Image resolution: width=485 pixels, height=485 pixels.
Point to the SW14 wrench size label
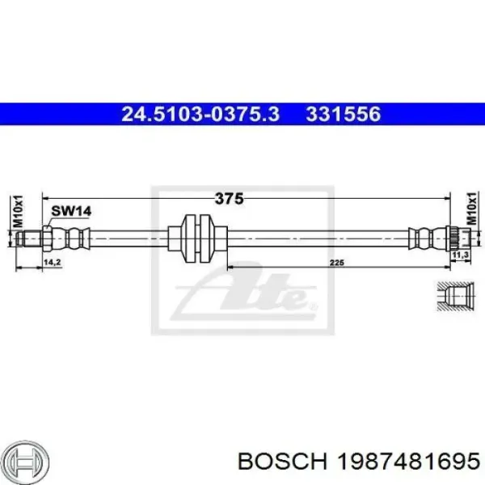[x=72, y=212]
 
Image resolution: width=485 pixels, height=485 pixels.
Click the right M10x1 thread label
[x=472, y=212]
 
